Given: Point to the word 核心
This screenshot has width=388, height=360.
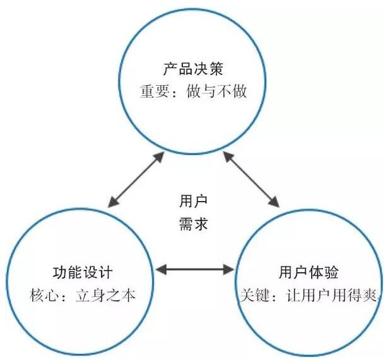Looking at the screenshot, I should [x=42, y=296].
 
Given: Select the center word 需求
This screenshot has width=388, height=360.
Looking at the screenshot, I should [x=193, y=223].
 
